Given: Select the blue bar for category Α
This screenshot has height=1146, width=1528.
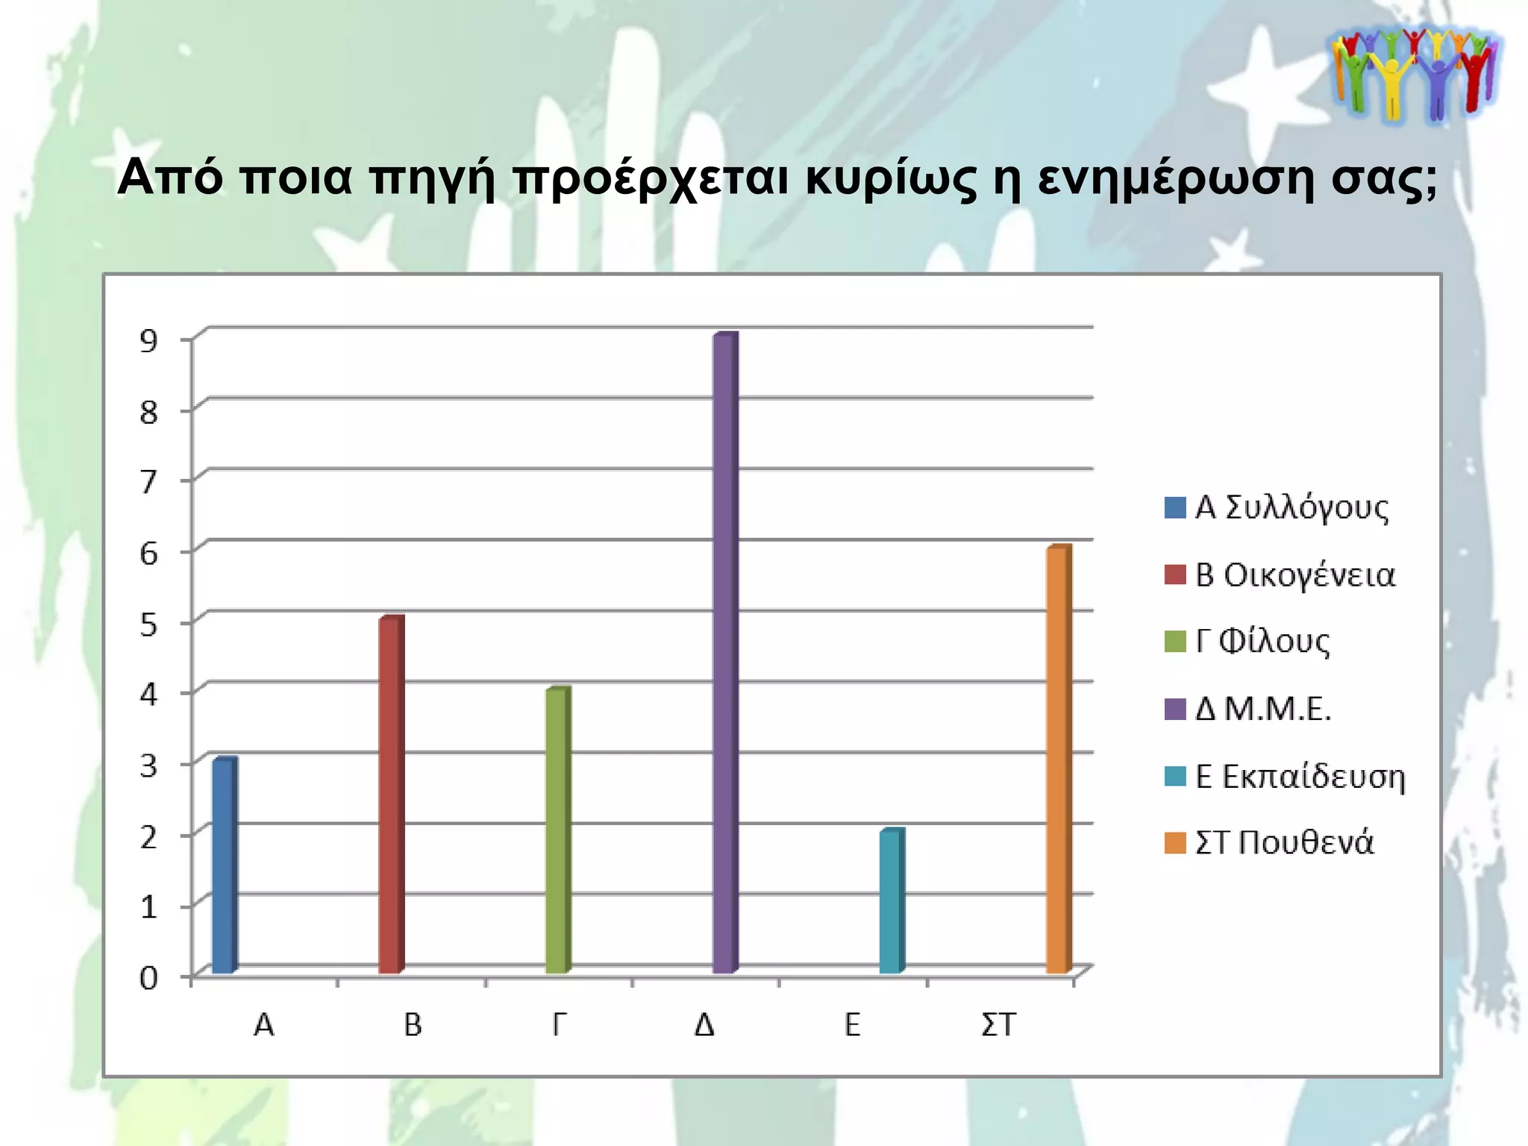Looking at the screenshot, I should coord(224,865).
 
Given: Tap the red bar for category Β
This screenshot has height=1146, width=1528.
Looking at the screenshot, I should coord(391,795).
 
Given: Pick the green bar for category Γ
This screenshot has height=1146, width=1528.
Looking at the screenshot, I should coord(557,830).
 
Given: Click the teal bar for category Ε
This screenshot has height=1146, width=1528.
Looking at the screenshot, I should coord(891,901).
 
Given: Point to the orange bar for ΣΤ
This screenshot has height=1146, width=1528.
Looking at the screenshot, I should coord(1058,760).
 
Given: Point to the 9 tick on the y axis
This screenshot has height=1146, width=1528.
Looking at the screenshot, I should coord(149,341).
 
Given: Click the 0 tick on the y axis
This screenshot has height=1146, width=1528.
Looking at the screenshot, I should coord(149,977).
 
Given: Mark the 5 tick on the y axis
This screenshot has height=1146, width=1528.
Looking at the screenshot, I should coord(149,624).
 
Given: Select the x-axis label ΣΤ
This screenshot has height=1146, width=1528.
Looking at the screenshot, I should coord(998,1025).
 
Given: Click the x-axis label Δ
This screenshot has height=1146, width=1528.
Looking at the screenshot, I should coord(704,1025).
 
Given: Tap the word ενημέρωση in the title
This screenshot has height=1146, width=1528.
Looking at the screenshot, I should coord(1175,179).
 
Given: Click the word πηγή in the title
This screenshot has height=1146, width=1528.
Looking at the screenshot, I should coord(433,179).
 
